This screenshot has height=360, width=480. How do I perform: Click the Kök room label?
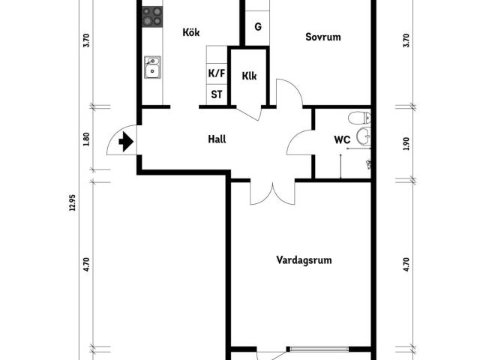(x=191, y=32)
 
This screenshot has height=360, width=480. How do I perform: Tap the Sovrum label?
(x=323, y=37)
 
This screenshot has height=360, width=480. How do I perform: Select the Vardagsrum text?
(x=304, y=260)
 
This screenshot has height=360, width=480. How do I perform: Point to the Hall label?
(x=217, y=139)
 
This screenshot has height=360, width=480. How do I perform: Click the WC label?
(x=342, y=140)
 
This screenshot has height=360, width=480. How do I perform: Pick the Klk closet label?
(x=249, y=76)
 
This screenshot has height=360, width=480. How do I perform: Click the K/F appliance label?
(x=217, y=73)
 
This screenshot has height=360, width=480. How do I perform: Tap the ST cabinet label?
(x=217, y=94)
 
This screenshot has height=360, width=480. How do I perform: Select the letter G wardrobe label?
(x=258, y=27)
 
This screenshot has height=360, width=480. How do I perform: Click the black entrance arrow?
(x=126, y=142)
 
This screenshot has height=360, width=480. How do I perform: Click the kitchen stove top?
(x=152, y=16)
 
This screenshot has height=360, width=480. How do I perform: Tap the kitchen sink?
(x=152, y=67)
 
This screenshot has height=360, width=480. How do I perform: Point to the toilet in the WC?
(x=360, y=118)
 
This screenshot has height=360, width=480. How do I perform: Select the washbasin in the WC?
(x=364, y=136)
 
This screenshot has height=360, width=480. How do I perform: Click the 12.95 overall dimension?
(x=72, y=203)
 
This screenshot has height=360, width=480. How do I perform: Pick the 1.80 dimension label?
(x=86, y=139)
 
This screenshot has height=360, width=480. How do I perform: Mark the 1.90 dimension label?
(x=406, y=144)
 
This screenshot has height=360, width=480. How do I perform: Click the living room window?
(x=319, y=349)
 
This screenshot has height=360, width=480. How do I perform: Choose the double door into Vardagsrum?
(x=273, y=193)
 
